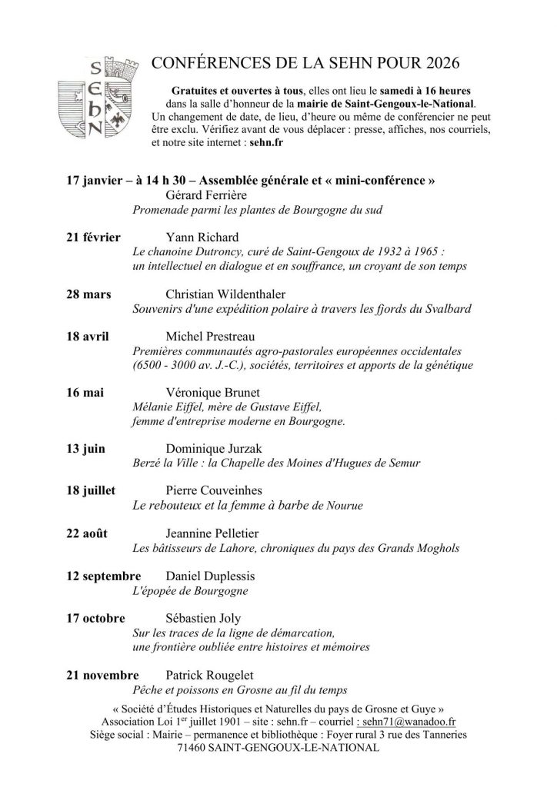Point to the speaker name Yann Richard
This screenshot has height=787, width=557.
tap(202, 237)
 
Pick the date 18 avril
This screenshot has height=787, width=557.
tap(88, 337)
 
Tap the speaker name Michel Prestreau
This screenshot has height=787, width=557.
tap(215, 337)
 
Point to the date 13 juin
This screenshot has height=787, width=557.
tap(85, 450)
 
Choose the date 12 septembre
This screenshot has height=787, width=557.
tap(103, 576)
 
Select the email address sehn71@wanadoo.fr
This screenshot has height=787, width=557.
tap(409, 722)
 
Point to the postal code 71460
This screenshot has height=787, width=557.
tap(194, 747)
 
